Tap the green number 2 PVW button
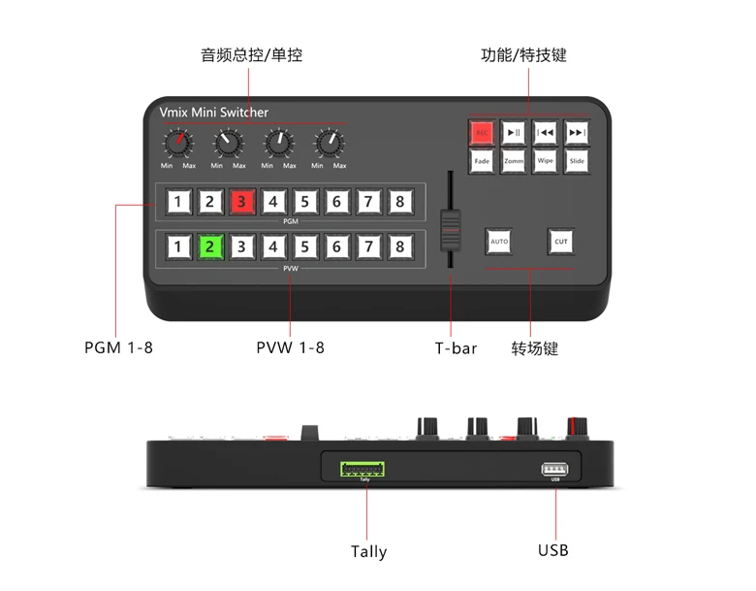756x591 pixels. (208, 246)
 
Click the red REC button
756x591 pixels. (482, 133)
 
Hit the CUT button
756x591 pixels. (560, 241)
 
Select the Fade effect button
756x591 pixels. (482, 161)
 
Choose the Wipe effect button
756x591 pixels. (545, 161)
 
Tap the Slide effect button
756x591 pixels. (577, 161)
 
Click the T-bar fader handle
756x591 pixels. (448, 228)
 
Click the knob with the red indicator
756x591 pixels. (176, 145)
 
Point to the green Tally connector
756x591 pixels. (364, 469)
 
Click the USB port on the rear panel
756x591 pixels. (555, 470)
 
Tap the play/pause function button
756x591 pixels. (514, 133)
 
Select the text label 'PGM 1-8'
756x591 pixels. (118, 346)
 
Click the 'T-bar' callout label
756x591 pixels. (455, 347)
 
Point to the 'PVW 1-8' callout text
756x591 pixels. (291, 346)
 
